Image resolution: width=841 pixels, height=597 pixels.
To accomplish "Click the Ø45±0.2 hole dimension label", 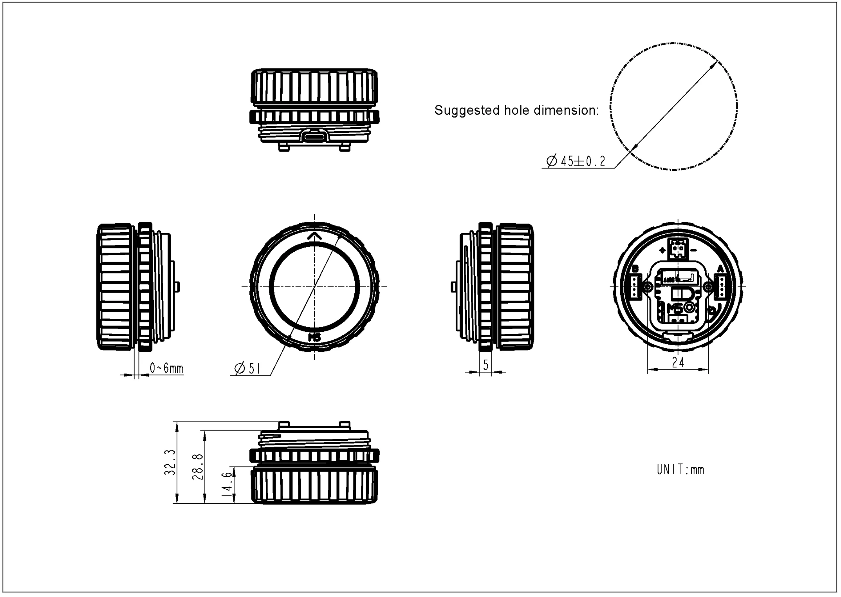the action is pyautogui.click(x=576, y=161).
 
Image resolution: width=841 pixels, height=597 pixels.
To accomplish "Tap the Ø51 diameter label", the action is pyautogui.click(x=247, y=368).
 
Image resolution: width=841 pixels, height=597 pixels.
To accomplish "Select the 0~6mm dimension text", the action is pyautogui.click(x=166, y=368).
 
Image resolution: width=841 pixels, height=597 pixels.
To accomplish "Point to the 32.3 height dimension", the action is pyautogui.click(x=170, y=463).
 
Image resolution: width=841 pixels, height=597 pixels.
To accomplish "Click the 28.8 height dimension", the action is pyautogui.click(x=197, y=467).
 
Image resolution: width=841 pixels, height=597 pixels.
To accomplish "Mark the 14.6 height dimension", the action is pyautogui.click(x=227, y=485).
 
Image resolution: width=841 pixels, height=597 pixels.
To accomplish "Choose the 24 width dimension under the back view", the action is pyautogui.click(x=678, y=363).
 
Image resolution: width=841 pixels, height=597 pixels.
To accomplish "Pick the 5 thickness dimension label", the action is pyautogui.click(x=485, y=365).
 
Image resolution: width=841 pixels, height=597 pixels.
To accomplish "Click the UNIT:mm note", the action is pyautogui.click(x=680, y=469).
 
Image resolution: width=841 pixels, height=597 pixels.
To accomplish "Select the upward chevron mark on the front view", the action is pyautogui.click(x=314, y=236).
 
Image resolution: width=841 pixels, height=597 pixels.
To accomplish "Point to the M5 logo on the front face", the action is pyautogui.click(x=314, y=338).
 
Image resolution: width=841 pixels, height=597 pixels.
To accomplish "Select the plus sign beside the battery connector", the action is pyautogui.click(x=662, y=250).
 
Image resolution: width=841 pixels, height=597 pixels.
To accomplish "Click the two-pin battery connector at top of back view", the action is pyautogui.click(x=678, y=248).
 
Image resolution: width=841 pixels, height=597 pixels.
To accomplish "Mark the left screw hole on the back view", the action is pyautogui.click(x=648, y=287).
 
